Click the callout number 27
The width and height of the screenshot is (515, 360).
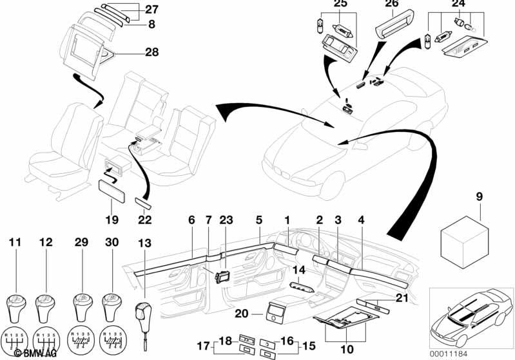(151, 10)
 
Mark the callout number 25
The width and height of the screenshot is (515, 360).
(340, 5)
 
